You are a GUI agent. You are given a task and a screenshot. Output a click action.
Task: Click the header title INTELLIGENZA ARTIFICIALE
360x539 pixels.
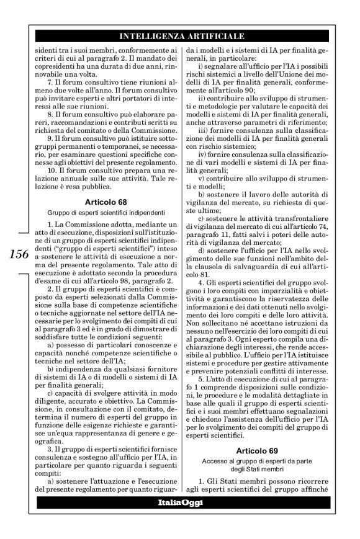(x=181, y=35)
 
